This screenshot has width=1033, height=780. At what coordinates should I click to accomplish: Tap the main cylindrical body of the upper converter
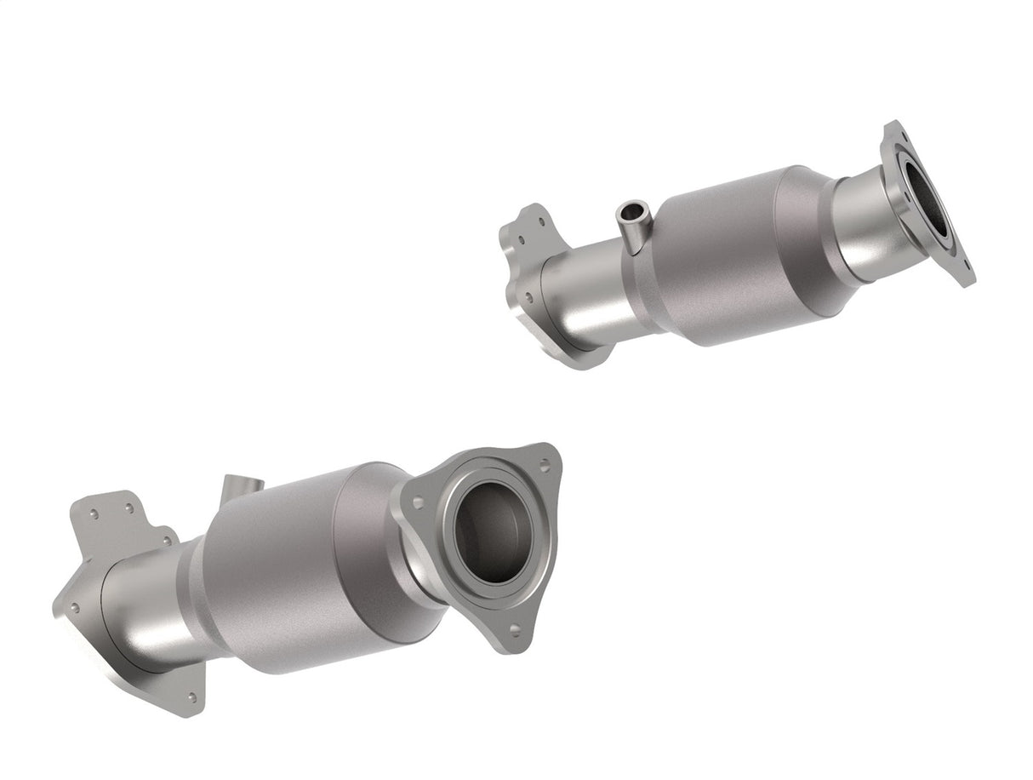pyautogui.click(x=723, y=255)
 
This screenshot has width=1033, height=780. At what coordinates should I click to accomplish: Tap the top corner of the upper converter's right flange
pyautogui.click(x=893, y=130)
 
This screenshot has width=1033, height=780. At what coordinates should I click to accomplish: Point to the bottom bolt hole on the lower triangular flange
pyautogui.click(x=514, y=628)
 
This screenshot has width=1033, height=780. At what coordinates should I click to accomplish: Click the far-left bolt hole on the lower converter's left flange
pyautogui.click(x=74, y=608)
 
